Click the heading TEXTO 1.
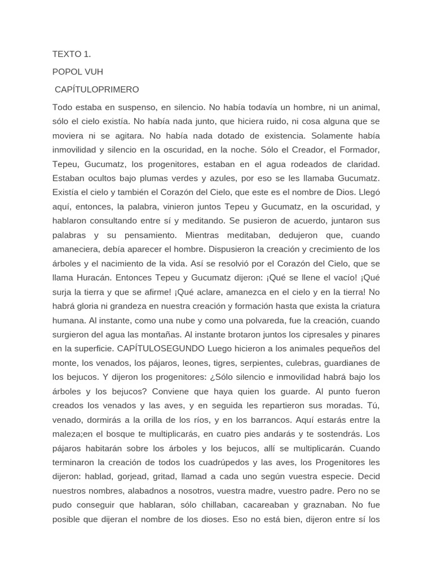(72, 54)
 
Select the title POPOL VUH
(78, 72)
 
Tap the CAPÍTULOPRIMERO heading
(96, 89)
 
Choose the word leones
(216, 363)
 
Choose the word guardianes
(353, 363)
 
